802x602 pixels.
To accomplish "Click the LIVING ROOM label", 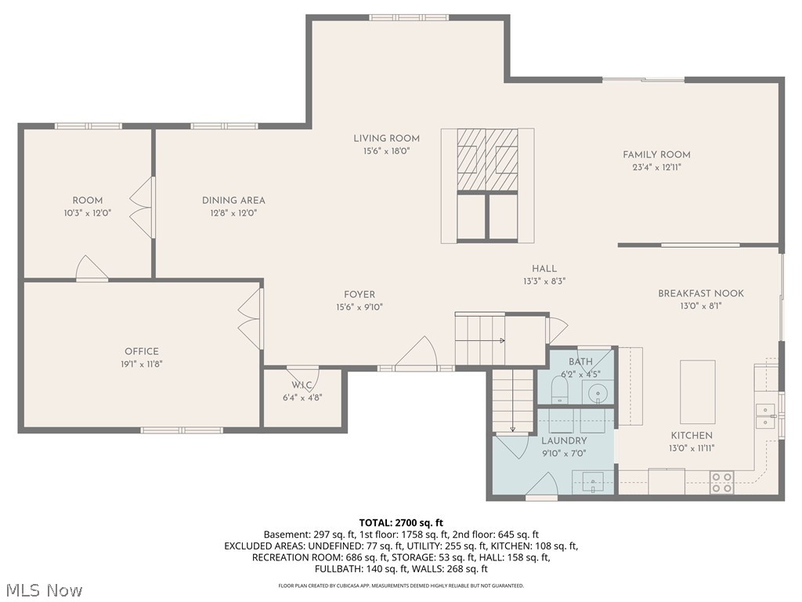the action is point(386,138).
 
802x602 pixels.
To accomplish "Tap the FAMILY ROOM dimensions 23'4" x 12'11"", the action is point(657,168).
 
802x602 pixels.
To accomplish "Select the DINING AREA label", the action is point(233,200).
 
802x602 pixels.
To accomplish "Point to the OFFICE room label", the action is point(142,351).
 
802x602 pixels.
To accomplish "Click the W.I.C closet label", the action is point(302,385).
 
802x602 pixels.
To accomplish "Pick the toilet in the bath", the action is point(560,390).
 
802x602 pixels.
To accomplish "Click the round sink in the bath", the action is point(598,393).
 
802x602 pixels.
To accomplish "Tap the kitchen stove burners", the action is point(721,482).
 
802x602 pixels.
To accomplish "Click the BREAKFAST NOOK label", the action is point(701,293).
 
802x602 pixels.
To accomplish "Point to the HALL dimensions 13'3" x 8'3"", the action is point(544,281).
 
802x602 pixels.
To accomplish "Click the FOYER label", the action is point(359,295).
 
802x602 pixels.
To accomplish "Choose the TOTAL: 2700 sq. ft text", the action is point(401,523).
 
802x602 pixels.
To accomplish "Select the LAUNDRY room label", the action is point(564,441).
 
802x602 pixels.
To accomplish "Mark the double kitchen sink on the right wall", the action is point(765,415).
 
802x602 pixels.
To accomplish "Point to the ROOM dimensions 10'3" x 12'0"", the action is point(88,213).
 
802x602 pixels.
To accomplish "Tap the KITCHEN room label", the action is point(692,435).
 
